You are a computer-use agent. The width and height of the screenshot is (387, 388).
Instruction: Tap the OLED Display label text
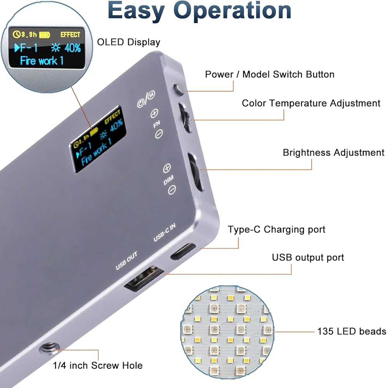point(128,42)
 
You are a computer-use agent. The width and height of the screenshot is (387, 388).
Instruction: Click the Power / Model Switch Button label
point(269,74)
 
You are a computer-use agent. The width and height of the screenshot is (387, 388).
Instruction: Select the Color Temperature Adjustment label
point(311,103)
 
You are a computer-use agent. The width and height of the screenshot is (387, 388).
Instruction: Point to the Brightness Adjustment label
point(333,152)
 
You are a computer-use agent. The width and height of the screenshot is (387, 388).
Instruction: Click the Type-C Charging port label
point(276,229)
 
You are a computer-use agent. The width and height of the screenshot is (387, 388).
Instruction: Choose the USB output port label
point(308,257)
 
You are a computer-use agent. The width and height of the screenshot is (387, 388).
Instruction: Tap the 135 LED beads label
point(351,331)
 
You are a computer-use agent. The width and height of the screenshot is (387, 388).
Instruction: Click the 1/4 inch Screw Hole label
point(98,365)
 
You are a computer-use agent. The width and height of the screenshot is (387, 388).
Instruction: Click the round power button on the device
point(180,89)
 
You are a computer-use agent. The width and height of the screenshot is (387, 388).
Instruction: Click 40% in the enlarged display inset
point(72,48)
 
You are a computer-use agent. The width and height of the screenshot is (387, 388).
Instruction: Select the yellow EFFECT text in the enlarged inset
point(70,35)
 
